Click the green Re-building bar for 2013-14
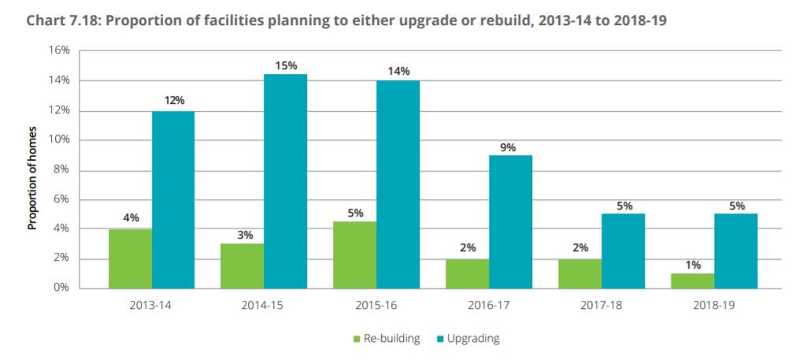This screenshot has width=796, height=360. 130,258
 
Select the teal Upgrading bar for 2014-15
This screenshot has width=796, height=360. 285,181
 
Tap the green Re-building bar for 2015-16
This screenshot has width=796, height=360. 354,254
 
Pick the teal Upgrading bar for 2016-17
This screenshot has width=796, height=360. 510,221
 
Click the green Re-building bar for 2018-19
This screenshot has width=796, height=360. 692,280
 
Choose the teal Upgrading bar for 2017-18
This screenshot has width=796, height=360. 623,251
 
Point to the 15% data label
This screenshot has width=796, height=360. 286,65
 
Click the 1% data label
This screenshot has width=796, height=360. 692,265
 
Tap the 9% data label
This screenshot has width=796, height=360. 510,147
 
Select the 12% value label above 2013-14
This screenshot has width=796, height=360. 173,101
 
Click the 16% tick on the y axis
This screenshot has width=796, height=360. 59,50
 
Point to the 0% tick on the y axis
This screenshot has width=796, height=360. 61,288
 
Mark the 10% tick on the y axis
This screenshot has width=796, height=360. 59,139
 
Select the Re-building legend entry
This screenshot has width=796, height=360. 385,339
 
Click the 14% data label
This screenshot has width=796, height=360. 398,72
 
